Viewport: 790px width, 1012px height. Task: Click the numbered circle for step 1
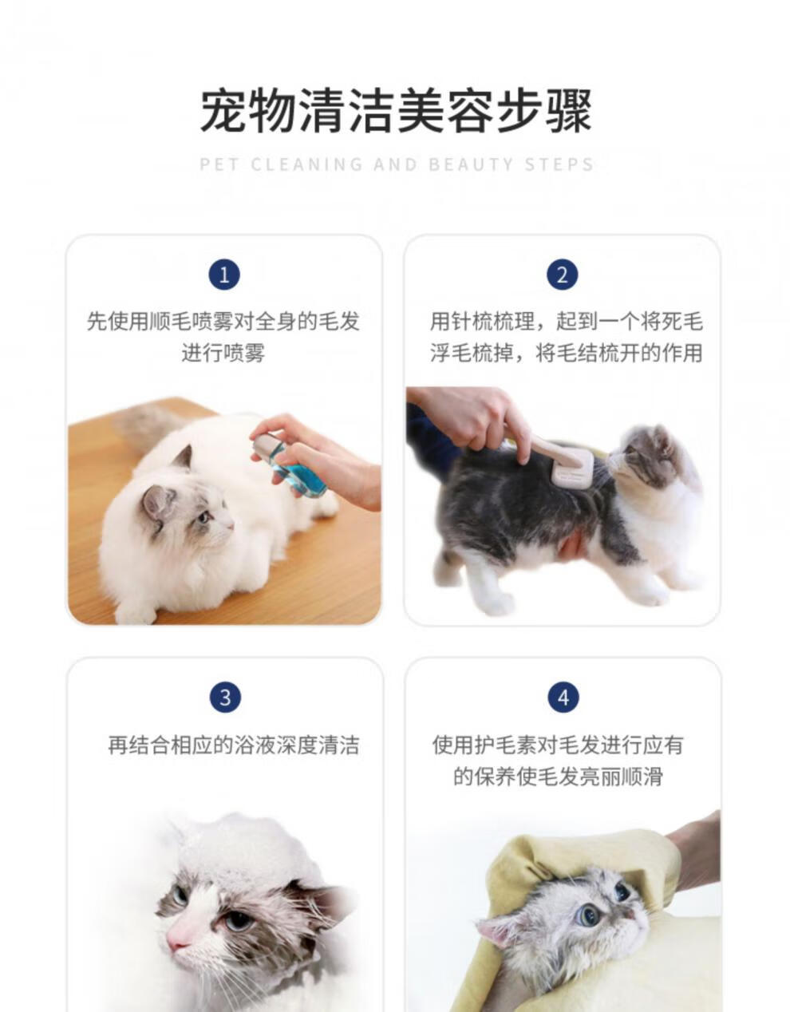click(224, 275)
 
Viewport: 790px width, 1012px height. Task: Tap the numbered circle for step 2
click(562, 275)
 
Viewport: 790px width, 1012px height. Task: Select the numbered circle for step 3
click(225, 698)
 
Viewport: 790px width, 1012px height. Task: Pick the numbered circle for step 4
click(563, 698)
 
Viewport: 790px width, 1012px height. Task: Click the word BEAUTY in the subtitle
click(471, 164)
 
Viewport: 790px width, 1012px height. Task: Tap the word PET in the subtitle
click(219, 164)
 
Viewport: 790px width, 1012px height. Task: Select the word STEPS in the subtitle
click(559, 164)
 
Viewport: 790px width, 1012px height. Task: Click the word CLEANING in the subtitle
click(306, 164)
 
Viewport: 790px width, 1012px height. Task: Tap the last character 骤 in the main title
click(568, 110)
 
